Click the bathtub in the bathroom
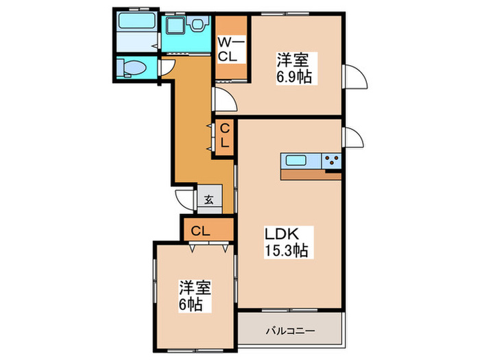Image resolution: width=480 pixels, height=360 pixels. tap(137, 20)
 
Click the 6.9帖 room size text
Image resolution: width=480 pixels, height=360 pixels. tap(295, 77)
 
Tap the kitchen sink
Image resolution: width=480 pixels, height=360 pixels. tap(297, 162)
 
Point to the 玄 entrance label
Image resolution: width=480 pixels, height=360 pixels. tap(209, 200)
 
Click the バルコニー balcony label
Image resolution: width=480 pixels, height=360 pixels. tap(289, 332)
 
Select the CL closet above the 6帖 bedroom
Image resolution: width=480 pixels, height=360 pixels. tap(200, 230)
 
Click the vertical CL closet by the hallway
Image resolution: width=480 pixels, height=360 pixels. tap(225, 138)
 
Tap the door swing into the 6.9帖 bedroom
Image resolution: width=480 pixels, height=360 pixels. tap(224, 100)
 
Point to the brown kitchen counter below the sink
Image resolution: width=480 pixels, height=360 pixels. tap(310, 174)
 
